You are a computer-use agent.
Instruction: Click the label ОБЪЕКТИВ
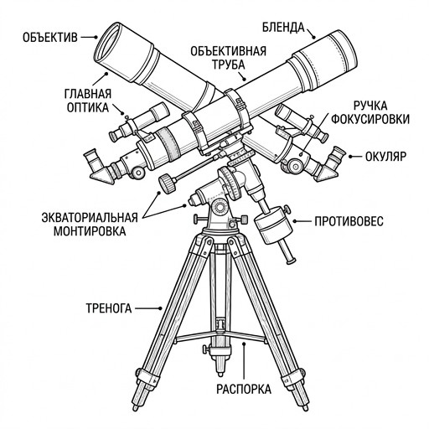pos(50,38)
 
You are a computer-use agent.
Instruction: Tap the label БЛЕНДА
pos(283,28)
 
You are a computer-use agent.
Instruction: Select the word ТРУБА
pos(229,65)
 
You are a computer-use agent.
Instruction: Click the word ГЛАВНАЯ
pos(88,94)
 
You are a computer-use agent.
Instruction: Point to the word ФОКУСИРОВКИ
pos(370,119)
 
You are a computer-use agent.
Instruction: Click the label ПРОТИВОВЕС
pos(349,221)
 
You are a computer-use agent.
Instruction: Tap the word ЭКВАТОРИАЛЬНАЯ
pos(90,218)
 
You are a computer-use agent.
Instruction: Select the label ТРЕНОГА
pos(109,308)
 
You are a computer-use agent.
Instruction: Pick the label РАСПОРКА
pos(244,389)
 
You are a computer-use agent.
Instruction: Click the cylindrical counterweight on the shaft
pos(274,225)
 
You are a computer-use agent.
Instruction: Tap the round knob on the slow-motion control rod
pos(168,183)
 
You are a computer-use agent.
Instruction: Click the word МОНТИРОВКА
pos(90,231)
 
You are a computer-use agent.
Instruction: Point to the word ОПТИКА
pos(88,107)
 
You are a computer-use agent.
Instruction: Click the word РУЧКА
pos(370,106)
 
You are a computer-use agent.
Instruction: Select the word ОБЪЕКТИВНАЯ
pos(229,51)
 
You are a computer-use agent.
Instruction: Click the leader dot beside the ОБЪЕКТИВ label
pos(96,37)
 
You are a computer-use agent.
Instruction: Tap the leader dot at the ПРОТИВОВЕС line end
pos(294,221)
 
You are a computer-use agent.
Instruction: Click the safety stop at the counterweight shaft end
pos(291,261)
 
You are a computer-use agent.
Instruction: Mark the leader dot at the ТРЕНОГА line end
pos(160,308)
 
